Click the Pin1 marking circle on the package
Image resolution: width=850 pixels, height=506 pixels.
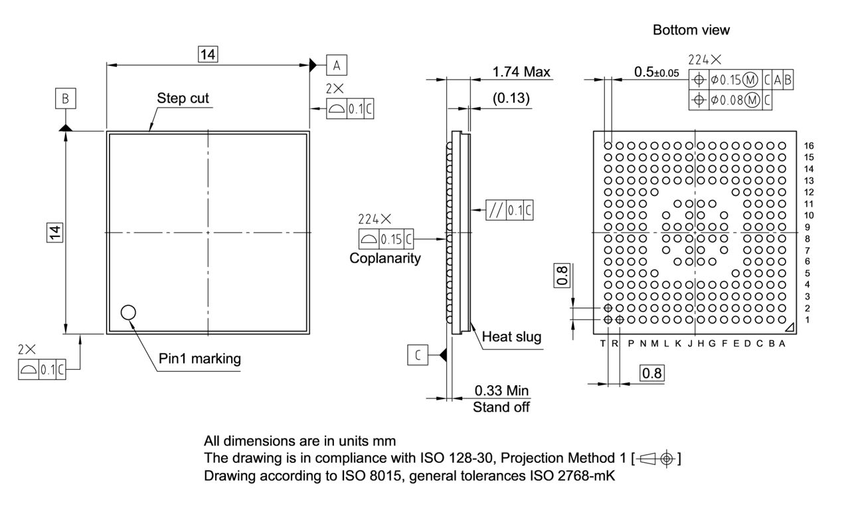(x=127, y=312)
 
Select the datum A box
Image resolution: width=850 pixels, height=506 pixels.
(x=337, y=64)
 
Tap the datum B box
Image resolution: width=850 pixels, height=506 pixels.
(x=65, y=99)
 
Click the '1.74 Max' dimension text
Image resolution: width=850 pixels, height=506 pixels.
(x=521, y=72)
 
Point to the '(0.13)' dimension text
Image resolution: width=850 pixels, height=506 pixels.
(x=511, y=98)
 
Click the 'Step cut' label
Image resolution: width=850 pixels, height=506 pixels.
(x=183, y=98)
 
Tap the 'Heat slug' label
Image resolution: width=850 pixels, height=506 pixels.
(x=511, y=337)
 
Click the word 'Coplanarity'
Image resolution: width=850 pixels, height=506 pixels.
(x=385, y=258)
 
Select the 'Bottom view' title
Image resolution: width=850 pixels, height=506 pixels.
(x=691, y=30)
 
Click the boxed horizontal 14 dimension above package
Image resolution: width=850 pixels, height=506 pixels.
(x=208, y=54)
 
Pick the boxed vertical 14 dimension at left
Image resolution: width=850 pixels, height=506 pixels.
(x=55, y=232)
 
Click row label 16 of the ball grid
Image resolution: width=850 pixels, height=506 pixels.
(x=808, y=145)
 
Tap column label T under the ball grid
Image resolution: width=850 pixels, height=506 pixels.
(x=603, y=343)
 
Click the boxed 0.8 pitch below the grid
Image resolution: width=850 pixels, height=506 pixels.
(x=651, y=373)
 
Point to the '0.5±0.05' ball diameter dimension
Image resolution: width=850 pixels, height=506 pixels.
(x=656, y=72)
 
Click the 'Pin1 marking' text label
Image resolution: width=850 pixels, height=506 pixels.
(x=199, y=359)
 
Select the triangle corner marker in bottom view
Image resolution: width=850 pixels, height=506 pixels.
(x=788, y=328)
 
